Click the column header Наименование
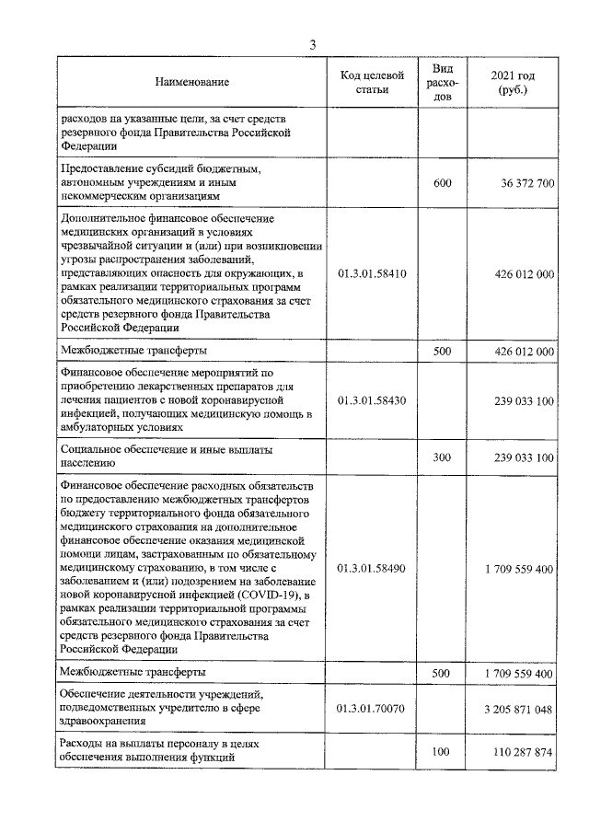pyautogui.click(x=192, y=83)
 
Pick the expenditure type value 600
pyautogui.click(x=443, y=183)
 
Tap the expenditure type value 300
pyautogui.click(x=443, y=457)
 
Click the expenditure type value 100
pyautogui.click(x=443, y=752)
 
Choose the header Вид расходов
pyautogui.click(x=443, y=82)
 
